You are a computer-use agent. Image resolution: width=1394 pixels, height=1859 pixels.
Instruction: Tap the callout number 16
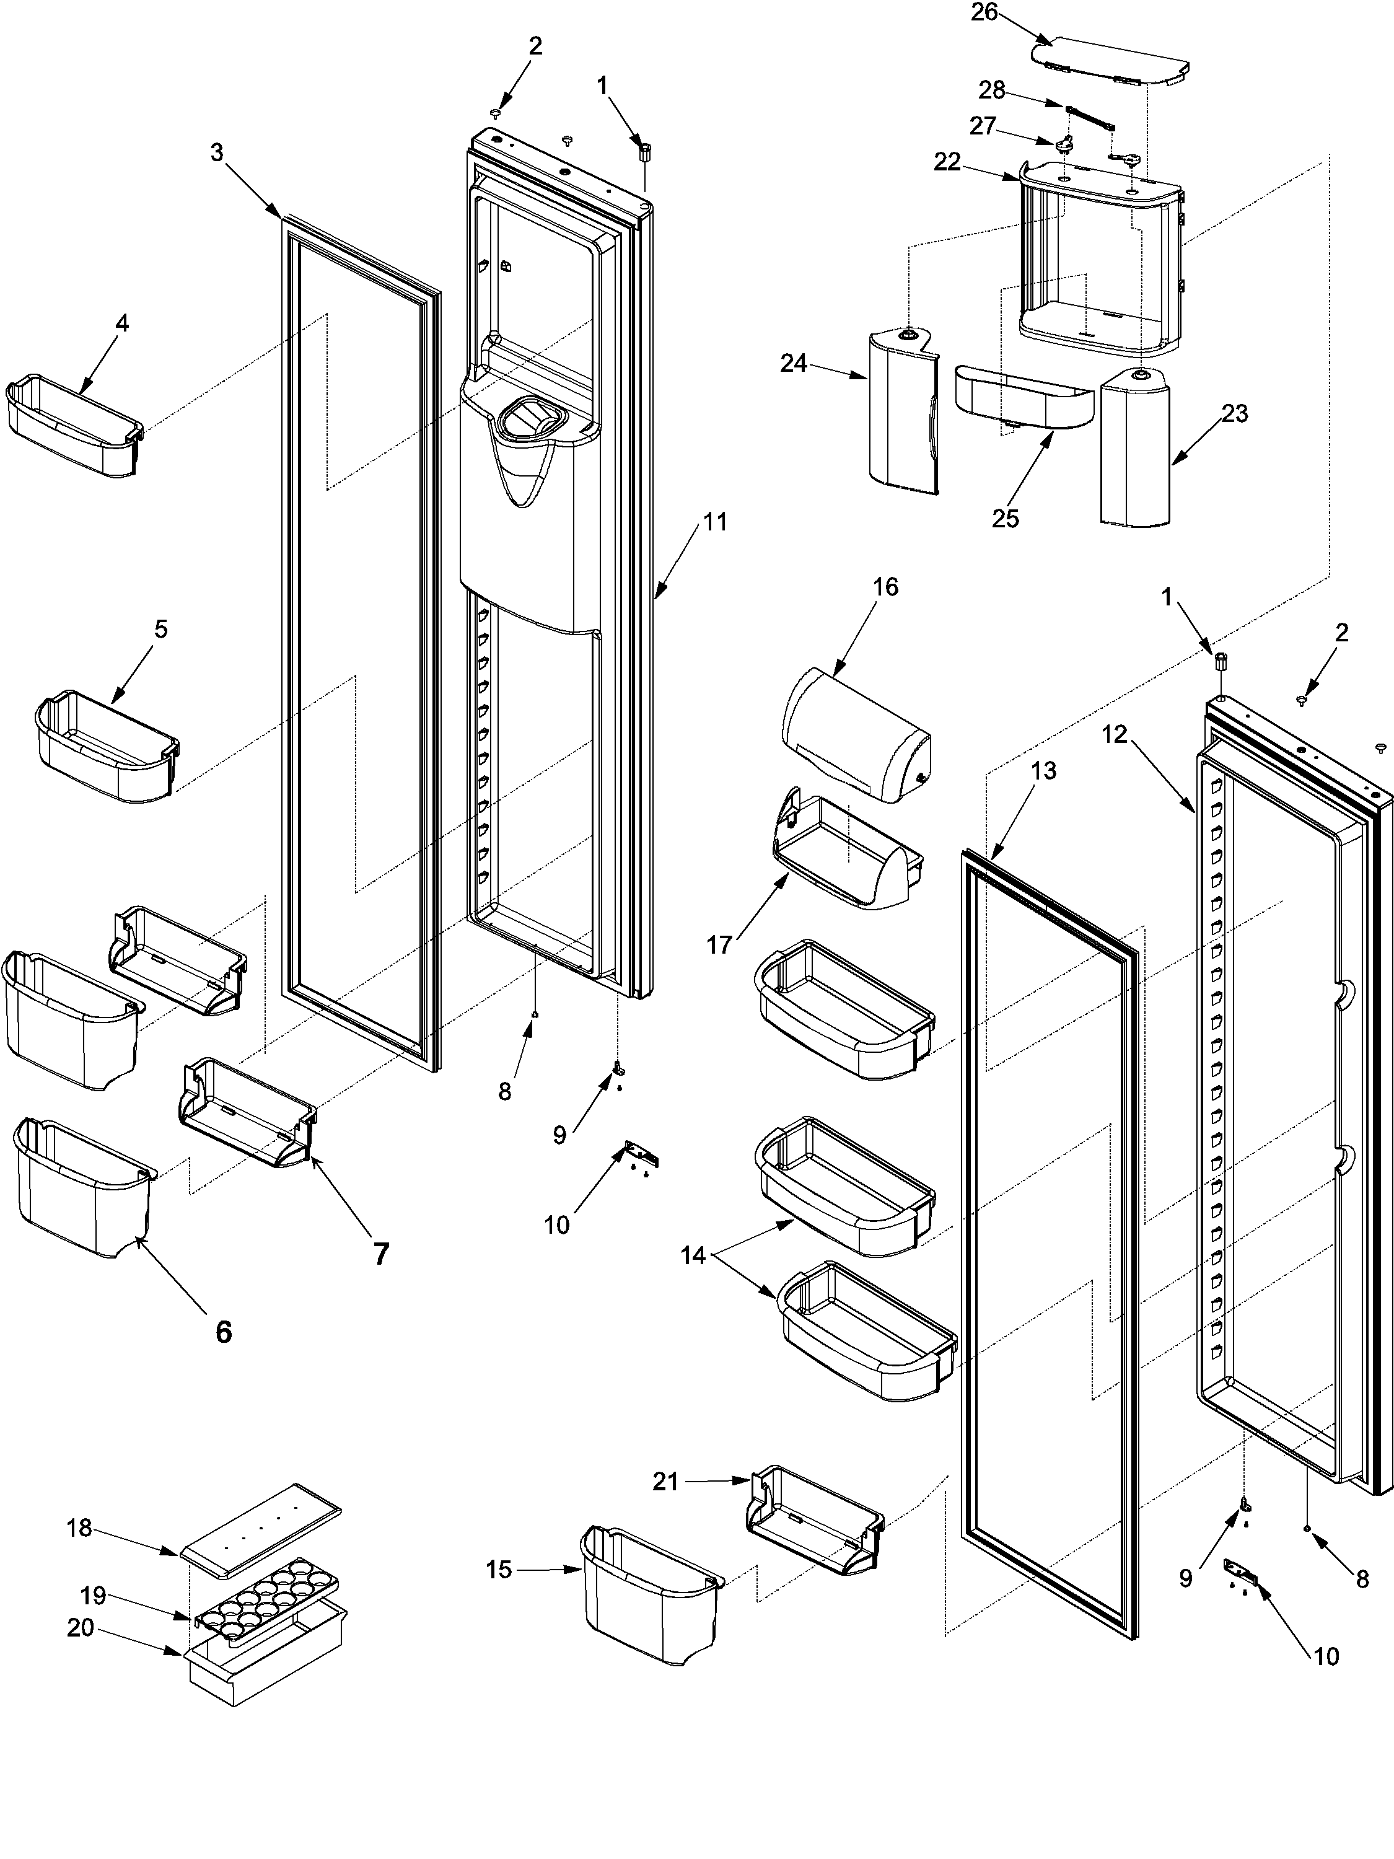[x=885, y=587]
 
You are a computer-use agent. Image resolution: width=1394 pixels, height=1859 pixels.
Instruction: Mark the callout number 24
[x=793, y=364]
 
